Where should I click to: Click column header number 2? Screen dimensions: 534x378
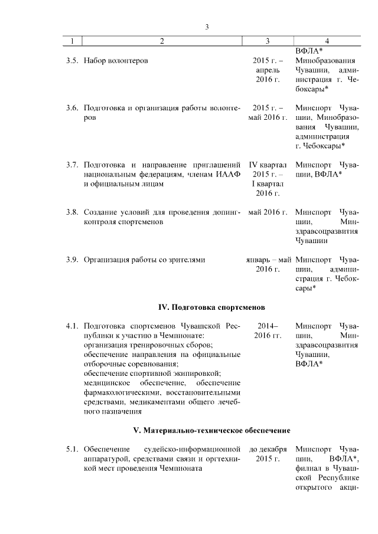162,41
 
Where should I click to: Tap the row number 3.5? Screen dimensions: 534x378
72,61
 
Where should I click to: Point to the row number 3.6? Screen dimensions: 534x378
72,108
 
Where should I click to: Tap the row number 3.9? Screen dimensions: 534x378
72,259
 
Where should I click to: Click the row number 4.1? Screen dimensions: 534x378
72,326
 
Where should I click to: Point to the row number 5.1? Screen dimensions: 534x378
72,450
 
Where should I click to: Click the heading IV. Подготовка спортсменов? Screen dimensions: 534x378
211,307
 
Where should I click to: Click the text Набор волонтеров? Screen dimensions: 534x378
116,61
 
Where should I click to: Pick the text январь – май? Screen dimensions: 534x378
269,259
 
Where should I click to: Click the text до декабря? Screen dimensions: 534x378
268,450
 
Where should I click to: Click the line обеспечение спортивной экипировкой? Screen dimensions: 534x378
152,373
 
